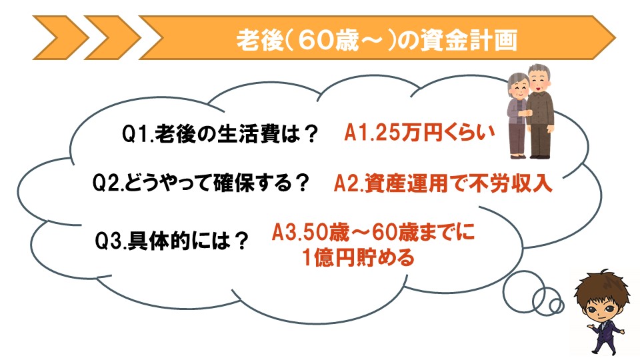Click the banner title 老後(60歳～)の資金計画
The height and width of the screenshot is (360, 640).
click(377, 40)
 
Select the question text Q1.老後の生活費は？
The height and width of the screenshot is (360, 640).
click(220, 133)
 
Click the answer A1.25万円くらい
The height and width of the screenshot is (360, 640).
click(419, 132)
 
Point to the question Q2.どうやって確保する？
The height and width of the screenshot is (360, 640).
click(201, 183)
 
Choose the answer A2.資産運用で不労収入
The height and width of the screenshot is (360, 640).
click(443, 183)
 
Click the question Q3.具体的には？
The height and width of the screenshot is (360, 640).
click(171, 241)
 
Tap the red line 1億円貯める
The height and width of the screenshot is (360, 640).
click(359, 257)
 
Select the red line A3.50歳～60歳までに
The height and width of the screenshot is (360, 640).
click(373, 232)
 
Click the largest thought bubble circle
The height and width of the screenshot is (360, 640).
click(523, 291)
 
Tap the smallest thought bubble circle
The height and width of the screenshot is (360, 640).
click(556, 305)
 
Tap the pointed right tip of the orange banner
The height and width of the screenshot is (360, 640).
click(615, 37)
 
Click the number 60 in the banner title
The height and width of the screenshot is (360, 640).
click(314, 41)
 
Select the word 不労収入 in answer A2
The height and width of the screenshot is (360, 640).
click(510, 183)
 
